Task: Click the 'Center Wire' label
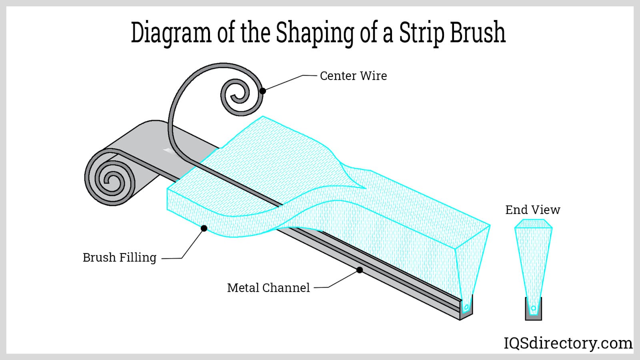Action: coord(353,76)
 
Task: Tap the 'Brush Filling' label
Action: coord(119,258)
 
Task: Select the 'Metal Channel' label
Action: coord(268,288)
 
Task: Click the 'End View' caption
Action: coord(532,210)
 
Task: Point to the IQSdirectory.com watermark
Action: coord(568,343)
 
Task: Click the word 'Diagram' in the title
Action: coord(171,33)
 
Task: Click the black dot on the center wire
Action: coord(262,91)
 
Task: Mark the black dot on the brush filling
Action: coord(204,228)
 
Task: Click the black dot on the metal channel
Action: coord(360,270)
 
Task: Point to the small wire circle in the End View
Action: coord(533,308)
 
